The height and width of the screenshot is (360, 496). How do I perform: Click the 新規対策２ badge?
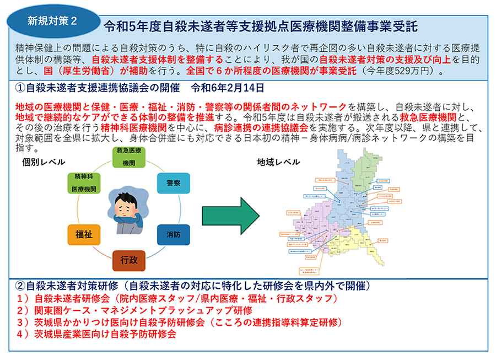click(x=52, y=20)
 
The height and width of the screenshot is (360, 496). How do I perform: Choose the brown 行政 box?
click(x=129, y=260)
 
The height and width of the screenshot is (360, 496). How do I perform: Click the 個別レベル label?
click(x=44, y=162)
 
